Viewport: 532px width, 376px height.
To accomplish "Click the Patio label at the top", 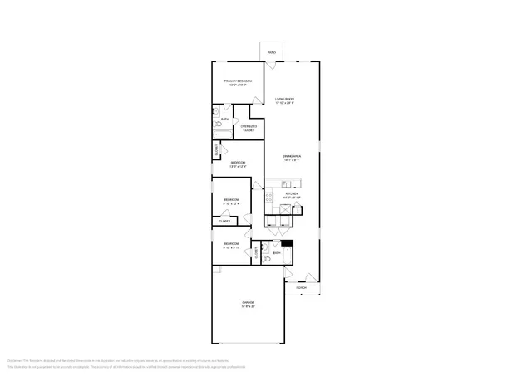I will (271, 53).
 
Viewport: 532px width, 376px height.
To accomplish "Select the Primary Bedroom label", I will (237, 82).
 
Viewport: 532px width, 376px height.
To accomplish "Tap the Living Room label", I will (285, 101).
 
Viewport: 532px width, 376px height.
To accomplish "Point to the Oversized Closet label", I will (249, 129).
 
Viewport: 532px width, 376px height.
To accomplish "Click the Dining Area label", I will (291, 159).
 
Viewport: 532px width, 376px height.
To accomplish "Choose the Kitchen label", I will (292, 196).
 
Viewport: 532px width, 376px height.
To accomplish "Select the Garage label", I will (248, 304).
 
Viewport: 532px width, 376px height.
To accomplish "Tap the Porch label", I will (301, 288).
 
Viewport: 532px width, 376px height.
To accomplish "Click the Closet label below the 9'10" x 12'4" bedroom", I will (224, 222).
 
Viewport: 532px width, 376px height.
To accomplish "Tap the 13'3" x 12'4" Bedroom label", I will (238, 164).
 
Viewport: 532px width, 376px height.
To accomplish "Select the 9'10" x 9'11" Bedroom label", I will (231, 246).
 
